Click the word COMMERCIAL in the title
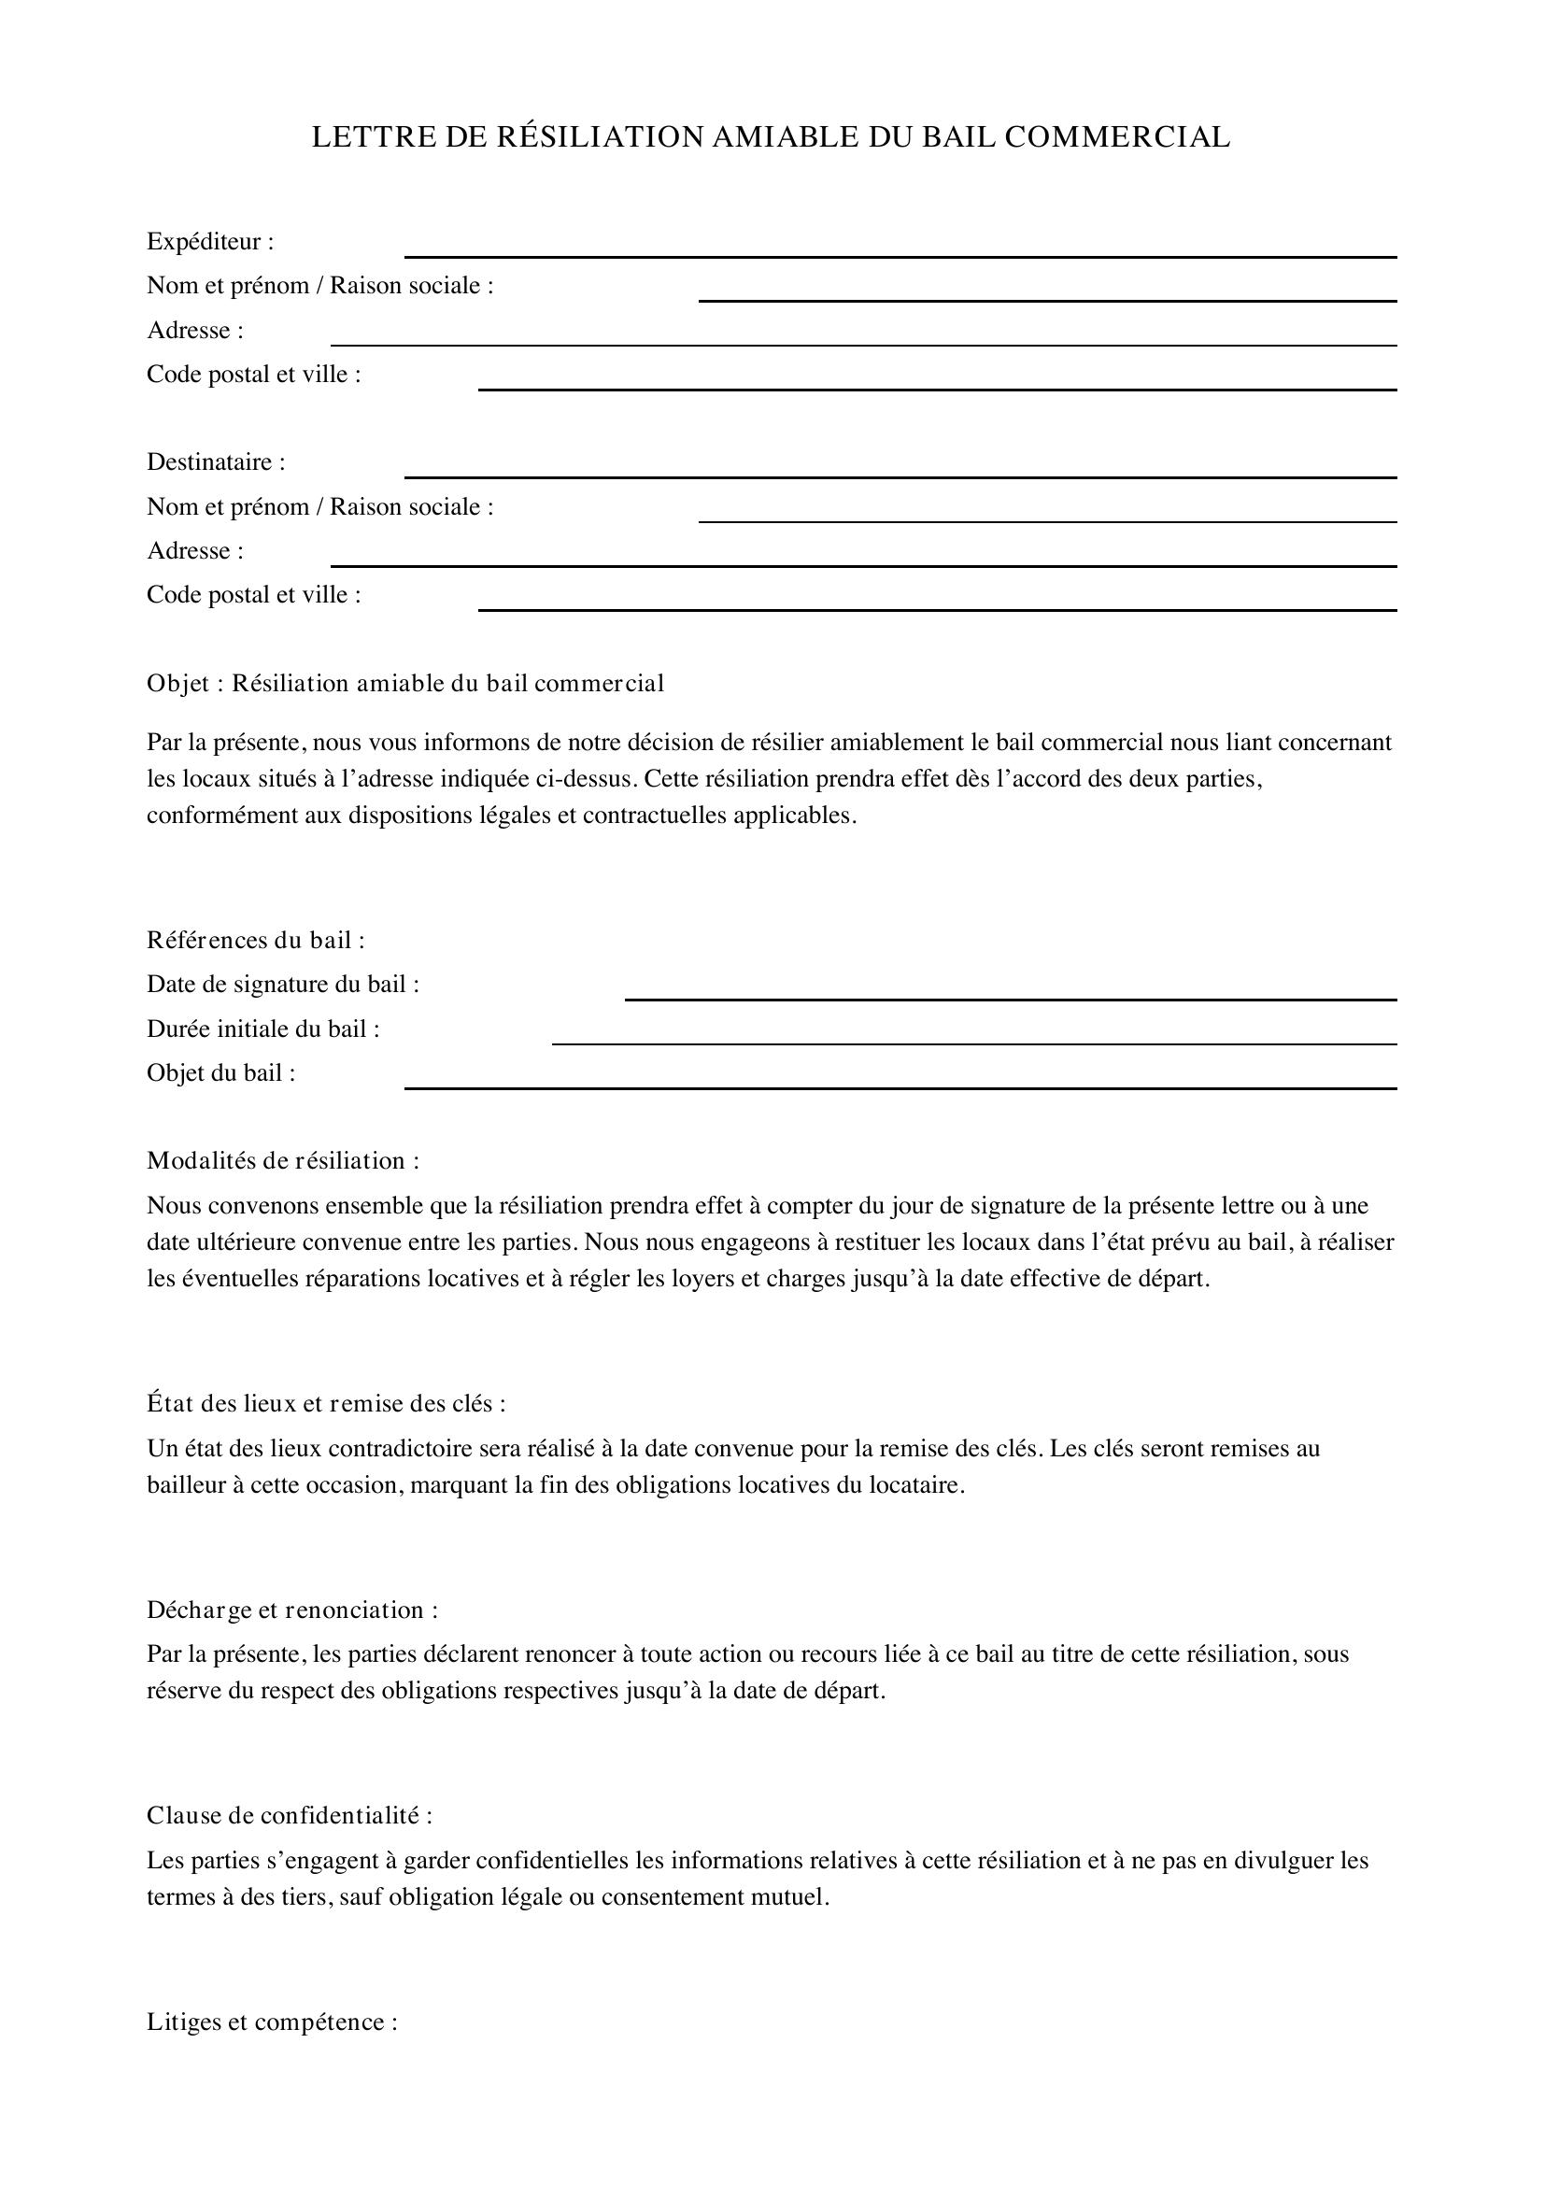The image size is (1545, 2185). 1117,138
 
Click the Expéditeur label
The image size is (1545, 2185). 210,242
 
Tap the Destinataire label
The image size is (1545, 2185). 216,462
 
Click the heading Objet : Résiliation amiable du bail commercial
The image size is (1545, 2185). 405,683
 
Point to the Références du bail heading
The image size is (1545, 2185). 256,941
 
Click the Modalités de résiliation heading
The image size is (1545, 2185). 282,1161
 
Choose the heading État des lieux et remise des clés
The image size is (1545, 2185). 325,1404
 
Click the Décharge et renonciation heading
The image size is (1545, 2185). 292,1610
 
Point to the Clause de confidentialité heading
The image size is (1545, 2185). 290,1816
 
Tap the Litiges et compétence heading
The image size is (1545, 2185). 272,2022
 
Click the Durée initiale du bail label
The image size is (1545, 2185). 263,1029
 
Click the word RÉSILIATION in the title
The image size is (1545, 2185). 599,138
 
